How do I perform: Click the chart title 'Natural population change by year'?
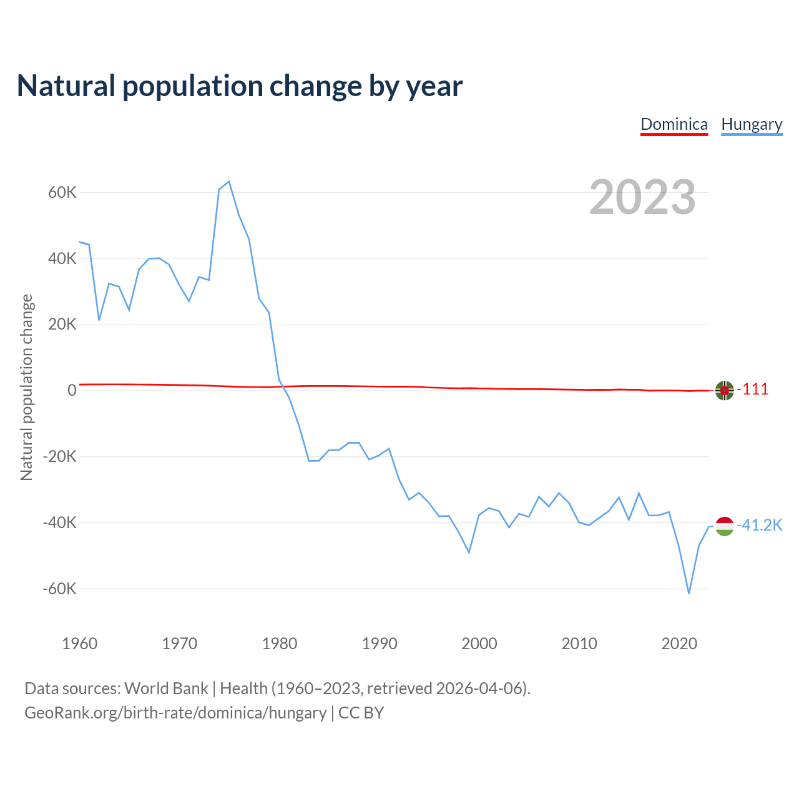[240, 86]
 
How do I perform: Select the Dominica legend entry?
[674, 124]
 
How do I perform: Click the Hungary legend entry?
[752, 124]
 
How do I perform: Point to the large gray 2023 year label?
[642, 197]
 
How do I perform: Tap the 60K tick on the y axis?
[62, 192]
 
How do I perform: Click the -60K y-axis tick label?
[60, 589]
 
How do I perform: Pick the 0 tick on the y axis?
[72, 390]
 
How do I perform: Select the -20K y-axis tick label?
[60, 456]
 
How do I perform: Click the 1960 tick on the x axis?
[80, 644]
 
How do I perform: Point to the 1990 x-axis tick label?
[380, 644]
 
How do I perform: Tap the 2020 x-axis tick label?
[679, 644]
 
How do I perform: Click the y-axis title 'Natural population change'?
[27, 388]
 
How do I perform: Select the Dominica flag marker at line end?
[724, 390]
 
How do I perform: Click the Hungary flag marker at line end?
[724, 526]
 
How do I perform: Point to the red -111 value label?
[753, 390]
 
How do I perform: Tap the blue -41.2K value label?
[760, 526]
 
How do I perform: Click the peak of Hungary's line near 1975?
[229, 182]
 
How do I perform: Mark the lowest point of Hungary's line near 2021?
[689, 593]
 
